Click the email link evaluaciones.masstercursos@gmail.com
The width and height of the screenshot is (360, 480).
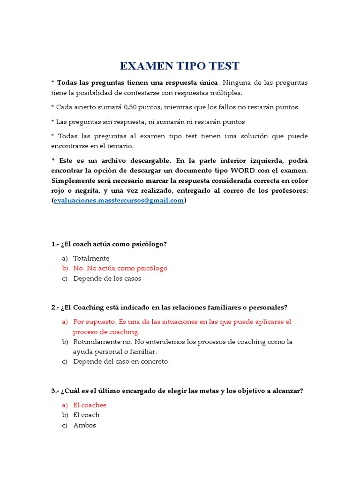[x=119, y=200]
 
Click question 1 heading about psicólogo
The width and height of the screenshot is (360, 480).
[x=109, y=244]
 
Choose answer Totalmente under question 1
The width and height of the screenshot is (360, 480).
[x=91, y=258]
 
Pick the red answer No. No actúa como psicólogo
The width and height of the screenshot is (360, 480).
[x=120, y=268]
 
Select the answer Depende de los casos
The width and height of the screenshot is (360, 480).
[x=107, y=278]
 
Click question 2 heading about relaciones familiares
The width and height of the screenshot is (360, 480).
[x=169, y=307]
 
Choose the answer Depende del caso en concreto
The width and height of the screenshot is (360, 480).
[x=121, y=361]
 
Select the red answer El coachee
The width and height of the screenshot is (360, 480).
[x=90, y=405]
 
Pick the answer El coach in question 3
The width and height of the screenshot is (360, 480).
[x=86, y=415]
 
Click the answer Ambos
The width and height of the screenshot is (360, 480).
[x=84, y=425]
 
